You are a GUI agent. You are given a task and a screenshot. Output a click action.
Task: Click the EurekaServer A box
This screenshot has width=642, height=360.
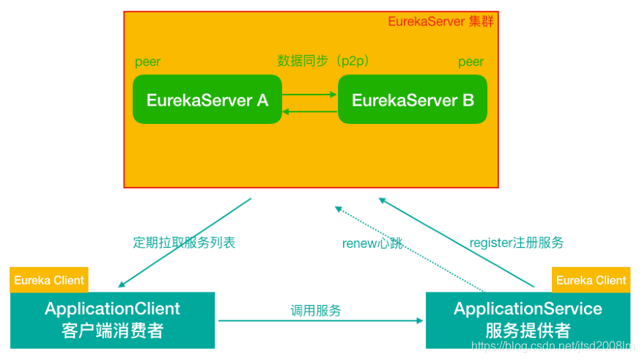(207, 100)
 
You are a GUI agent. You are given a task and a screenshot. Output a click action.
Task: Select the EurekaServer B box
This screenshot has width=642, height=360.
(413, 100)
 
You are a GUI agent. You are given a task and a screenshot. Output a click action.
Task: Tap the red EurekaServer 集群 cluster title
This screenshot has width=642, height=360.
(440, 21)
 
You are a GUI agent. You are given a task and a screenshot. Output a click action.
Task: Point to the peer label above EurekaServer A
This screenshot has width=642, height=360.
(147, 62)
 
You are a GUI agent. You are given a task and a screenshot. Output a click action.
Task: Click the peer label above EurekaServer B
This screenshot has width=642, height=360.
(471, 62)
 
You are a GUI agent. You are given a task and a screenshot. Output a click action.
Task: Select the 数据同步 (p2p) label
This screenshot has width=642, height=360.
(323, 61)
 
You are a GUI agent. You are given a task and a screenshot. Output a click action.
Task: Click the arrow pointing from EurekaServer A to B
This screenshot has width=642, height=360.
(309, 94)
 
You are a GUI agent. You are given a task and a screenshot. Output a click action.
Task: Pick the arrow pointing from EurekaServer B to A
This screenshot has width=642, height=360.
(309, 111)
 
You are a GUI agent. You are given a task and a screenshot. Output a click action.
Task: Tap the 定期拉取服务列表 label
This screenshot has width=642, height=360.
(184, 243)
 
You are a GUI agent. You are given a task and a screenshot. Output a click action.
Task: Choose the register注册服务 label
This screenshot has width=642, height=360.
(516, 243)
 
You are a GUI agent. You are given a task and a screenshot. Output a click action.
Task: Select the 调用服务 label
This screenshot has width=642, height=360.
(316, 310)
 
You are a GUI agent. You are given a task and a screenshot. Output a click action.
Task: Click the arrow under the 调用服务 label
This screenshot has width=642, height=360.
(320, 320)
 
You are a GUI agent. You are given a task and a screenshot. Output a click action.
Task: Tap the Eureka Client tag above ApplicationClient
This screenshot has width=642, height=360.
(49, 280)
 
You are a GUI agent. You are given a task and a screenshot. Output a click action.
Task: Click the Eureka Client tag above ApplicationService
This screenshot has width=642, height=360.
(591, 280)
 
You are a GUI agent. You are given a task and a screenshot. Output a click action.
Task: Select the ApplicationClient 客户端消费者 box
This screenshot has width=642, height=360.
(112, 320)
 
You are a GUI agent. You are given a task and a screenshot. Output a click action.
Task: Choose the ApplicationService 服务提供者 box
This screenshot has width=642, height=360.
(528, 320)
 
